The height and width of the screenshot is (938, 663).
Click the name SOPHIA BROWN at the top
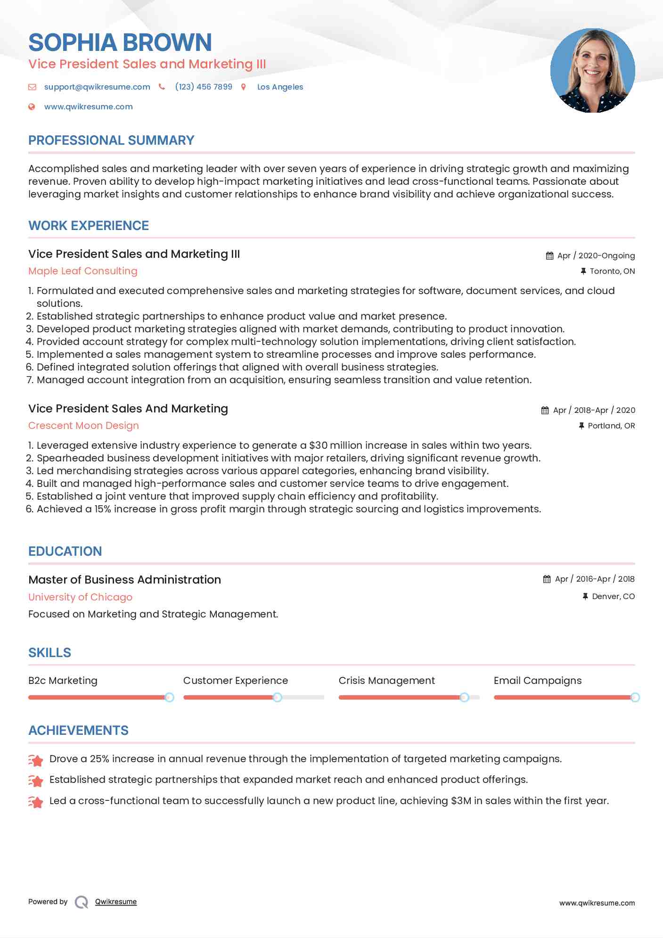pos(120,42)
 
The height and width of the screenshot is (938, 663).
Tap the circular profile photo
pos(592,71)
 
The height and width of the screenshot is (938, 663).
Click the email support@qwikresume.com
pos(97,87)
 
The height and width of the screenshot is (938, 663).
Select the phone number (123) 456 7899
pos(204,87)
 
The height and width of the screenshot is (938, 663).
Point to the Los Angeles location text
pos(280,87)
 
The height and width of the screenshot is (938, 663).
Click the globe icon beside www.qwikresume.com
pos(32,107)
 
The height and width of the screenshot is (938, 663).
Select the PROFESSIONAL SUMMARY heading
pos(111,140)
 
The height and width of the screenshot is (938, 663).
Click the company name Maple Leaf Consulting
pos(83,271)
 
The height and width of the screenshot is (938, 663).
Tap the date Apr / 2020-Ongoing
pos(596,255)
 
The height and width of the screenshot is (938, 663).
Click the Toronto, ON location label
pos(612,271)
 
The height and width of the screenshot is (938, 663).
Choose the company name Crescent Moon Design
pos(83,426)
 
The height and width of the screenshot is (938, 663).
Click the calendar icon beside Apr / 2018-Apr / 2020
pos(545,410)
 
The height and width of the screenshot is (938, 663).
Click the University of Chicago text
pos(80,597)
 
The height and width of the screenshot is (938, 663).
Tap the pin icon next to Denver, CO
pos(585,596)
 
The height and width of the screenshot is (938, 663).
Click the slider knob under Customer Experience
pos(278,697)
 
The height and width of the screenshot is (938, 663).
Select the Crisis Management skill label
pos(386,681)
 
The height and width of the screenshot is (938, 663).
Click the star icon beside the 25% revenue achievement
pos(36,760)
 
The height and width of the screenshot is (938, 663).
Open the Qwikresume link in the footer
pos(116,902)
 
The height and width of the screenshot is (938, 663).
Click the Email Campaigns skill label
pos(537,681)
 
